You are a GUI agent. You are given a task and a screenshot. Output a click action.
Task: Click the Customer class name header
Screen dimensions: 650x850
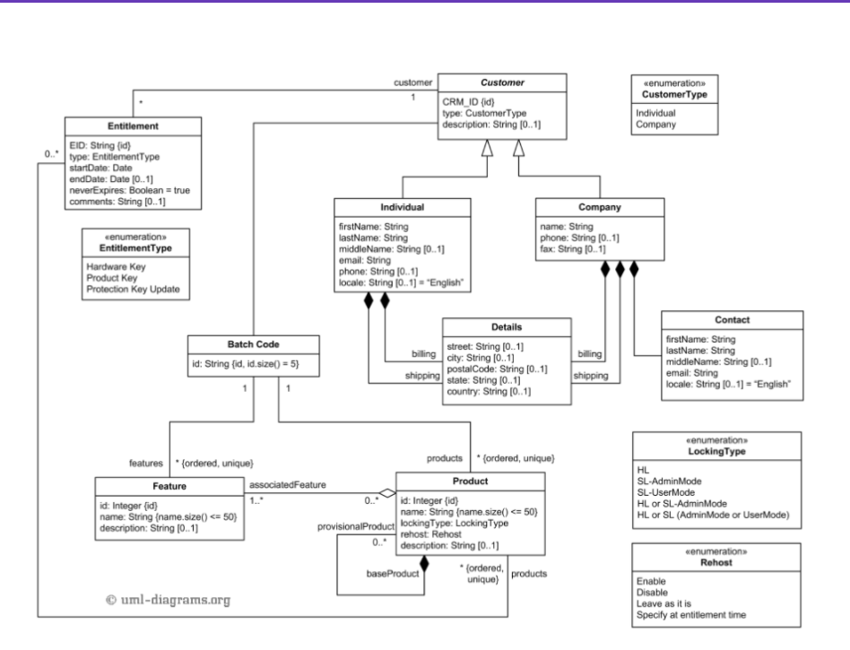coord(502,83)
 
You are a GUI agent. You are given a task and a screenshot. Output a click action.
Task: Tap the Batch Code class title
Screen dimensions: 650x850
coord(254,344)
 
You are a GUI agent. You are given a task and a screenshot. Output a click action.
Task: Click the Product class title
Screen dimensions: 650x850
coord(470,481)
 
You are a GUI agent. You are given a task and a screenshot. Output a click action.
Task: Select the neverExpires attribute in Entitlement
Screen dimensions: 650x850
coord(129,190)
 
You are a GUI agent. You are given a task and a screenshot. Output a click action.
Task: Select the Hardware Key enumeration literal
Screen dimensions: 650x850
coord(117,267)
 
